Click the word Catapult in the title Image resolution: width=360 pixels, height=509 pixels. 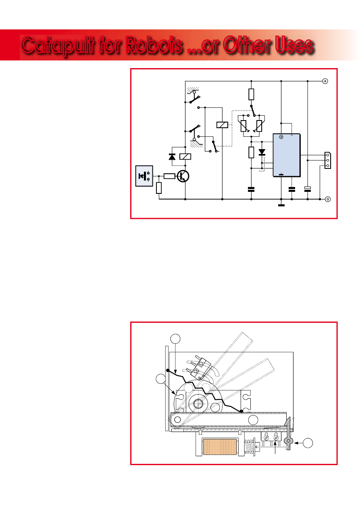click(58, 45)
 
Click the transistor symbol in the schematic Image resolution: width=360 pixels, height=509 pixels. click(183, 176)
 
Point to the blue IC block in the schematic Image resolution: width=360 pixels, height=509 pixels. click(286, 155)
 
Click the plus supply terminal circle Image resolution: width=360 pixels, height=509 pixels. click(325, 81)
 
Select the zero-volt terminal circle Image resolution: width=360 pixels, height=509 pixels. click(327, 199)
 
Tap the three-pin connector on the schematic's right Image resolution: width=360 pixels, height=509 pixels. click(327, 160)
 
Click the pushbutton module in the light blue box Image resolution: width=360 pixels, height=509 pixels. click(144, 176)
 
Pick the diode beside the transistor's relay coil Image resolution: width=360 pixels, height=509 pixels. click(172, 156)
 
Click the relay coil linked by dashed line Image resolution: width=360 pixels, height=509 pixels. click(222, 125)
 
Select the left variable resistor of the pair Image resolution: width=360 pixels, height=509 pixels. click(243, 126)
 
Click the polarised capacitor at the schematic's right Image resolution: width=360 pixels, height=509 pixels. click(308, 189)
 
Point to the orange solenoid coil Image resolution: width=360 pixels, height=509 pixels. click(220, 447)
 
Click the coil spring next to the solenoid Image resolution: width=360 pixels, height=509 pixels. click(249, 447)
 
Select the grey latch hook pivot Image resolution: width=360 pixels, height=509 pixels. click(288, 441)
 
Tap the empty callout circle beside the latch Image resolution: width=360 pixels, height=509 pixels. click(308, 443)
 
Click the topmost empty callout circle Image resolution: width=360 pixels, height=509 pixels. click(175, 339)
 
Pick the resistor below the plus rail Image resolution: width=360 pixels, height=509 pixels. click(251, 94)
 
